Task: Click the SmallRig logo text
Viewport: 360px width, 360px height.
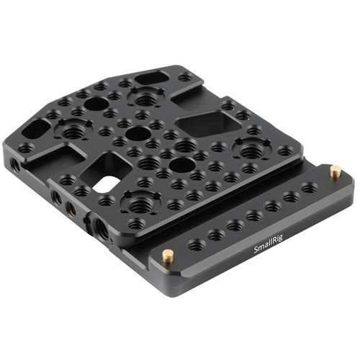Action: point(268,244)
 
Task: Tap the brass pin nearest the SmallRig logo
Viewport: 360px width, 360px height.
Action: point(168,256)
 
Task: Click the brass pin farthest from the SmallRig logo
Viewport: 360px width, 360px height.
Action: point(336,171)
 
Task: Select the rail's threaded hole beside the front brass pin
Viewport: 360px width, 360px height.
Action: point(197,246)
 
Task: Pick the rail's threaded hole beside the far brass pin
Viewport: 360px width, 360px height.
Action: point(309,188)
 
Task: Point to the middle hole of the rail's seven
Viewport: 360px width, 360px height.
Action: point(254,215)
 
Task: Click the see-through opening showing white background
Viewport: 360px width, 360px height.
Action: point(104,184)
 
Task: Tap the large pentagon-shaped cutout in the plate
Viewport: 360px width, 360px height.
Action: point(208,123)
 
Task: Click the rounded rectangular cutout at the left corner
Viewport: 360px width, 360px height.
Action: point(36,129)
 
